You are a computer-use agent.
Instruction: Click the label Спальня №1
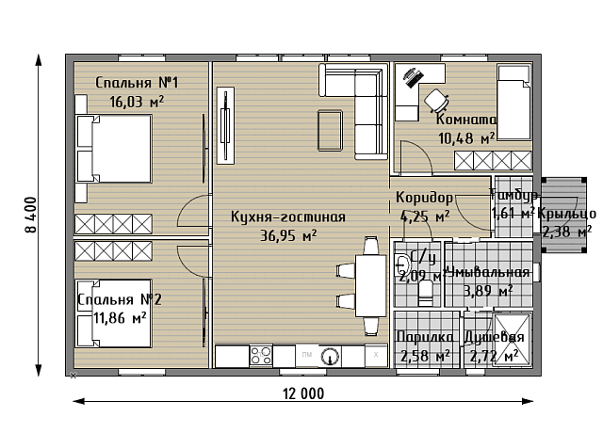coord(138,83)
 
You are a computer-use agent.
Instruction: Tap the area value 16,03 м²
coord(138,101)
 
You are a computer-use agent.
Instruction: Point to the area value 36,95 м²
coord(288,235)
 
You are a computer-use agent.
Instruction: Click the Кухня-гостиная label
coord(288,217)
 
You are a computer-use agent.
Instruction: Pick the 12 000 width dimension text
coord(302,393)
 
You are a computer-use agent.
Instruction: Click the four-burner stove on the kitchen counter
coord(260,355)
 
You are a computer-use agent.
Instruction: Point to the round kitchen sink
coord(330,356)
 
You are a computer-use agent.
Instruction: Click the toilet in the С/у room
coord(424,294)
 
